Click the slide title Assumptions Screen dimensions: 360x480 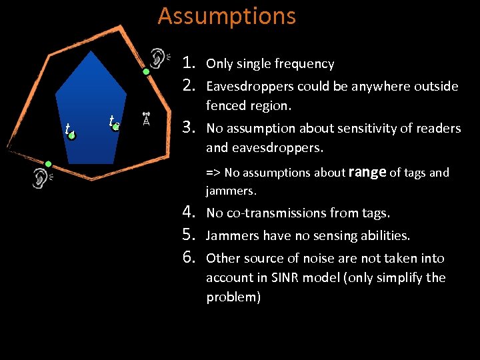(227, 15)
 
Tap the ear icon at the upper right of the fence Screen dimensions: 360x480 (158, 57)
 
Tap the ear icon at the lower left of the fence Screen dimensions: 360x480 (41, 178)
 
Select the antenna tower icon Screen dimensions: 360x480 (147, 119)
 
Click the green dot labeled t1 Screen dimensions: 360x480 (72, 135)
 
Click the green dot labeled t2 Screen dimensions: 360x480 (116, 126)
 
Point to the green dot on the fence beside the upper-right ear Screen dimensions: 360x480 (145, 71)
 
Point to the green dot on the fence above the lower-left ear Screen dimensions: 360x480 (48, 163)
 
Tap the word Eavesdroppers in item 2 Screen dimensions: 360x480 (250, 87)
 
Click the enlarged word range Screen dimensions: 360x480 (367, 172)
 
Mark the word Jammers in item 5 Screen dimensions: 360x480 (228, 235)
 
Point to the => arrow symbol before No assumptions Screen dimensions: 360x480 (213, 173)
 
